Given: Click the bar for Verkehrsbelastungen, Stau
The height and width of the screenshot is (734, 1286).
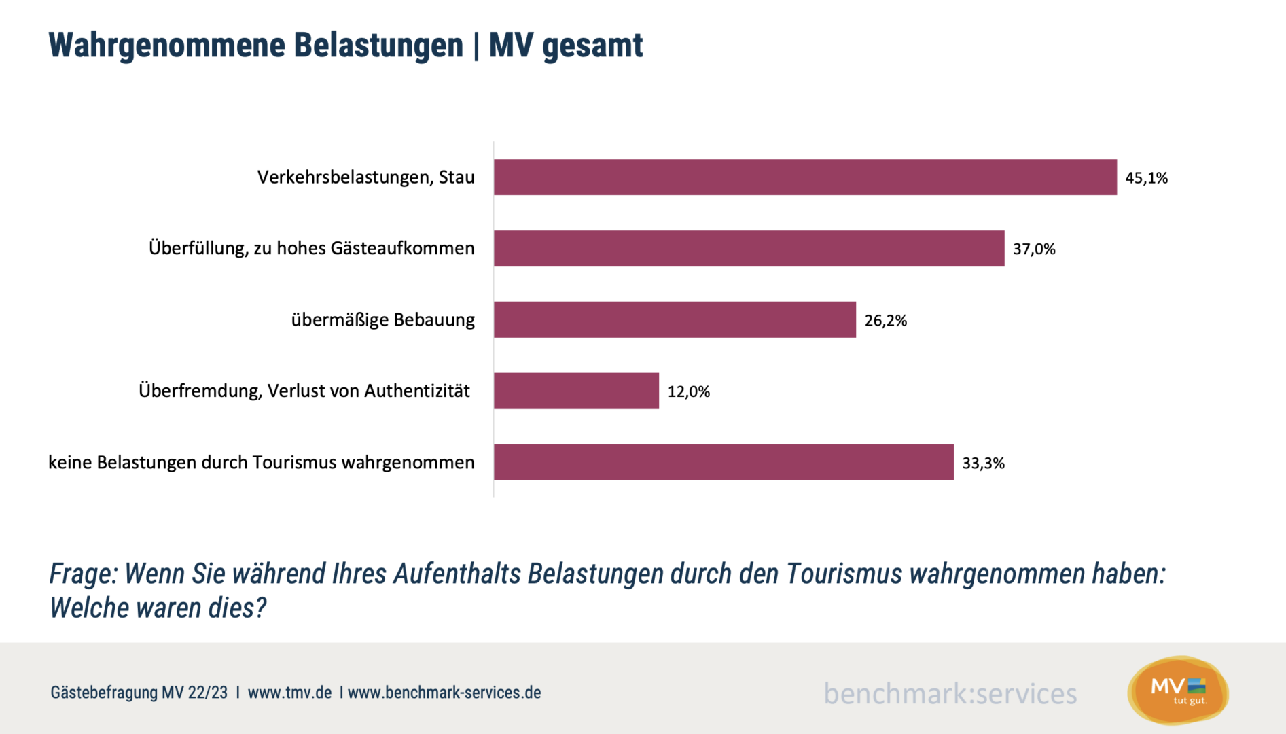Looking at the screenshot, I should click(805, 177).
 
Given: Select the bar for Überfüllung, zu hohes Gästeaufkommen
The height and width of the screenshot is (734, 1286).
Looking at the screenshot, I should click(749, 249).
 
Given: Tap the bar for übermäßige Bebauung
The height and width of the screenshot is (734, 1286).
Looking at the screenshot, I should click(675, 319).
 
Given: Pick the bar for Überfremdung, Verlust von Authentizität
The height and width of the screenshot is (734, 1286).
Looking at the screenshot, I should click(576, 391).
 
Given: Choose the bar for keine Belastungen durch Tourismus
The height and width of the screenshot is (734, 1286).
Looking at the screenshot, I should click(724, 462).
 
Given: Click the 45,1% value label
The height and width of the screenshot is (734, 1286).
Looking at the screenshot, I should click(1146, 178).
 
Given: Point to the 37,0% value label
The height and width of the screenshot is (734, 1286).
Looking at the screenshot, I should click(1034, 249).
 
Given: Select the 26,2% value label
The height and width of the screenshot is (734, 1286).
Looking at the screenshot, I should click(885, 321).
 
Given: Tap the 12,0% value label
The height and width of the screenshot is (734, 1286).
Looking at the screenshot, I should click(688, 392).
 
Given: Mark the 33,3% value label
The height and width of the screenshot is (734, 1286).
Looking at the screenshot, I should click(983, 464).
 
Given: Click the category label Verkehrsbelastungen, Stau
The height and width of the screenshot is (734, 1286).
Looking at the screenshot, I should click(365, 177).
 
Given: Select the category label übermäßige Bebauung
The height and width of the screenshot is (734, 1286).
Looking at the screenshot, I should click(382, 320).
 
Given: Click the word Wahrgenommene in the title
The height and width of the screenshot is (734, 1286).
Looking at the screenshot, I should click(166, 46).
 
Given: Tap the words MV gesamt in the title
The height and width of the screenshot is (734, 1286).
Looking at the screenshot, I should click(565, 46).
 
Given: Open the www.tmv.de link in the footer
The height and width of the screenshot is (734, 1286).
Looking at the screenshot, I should click(289, 693).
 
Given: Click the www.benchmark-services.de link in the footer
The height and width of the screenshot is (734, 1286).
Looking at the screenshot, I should click(444, 693).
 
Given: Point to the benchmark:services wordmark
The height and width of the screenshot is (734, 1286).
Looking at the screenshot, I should click(950, 694).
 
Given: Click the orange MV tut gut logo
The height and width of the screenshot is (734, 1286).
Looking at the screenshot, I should click(1178, 691).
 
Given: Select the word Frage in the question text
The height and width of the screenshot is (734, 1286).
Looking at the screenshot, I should click(83, 574).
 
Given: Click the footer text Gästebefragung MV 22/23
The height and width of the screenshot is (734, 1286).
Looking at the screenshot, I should click(139, 693).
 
